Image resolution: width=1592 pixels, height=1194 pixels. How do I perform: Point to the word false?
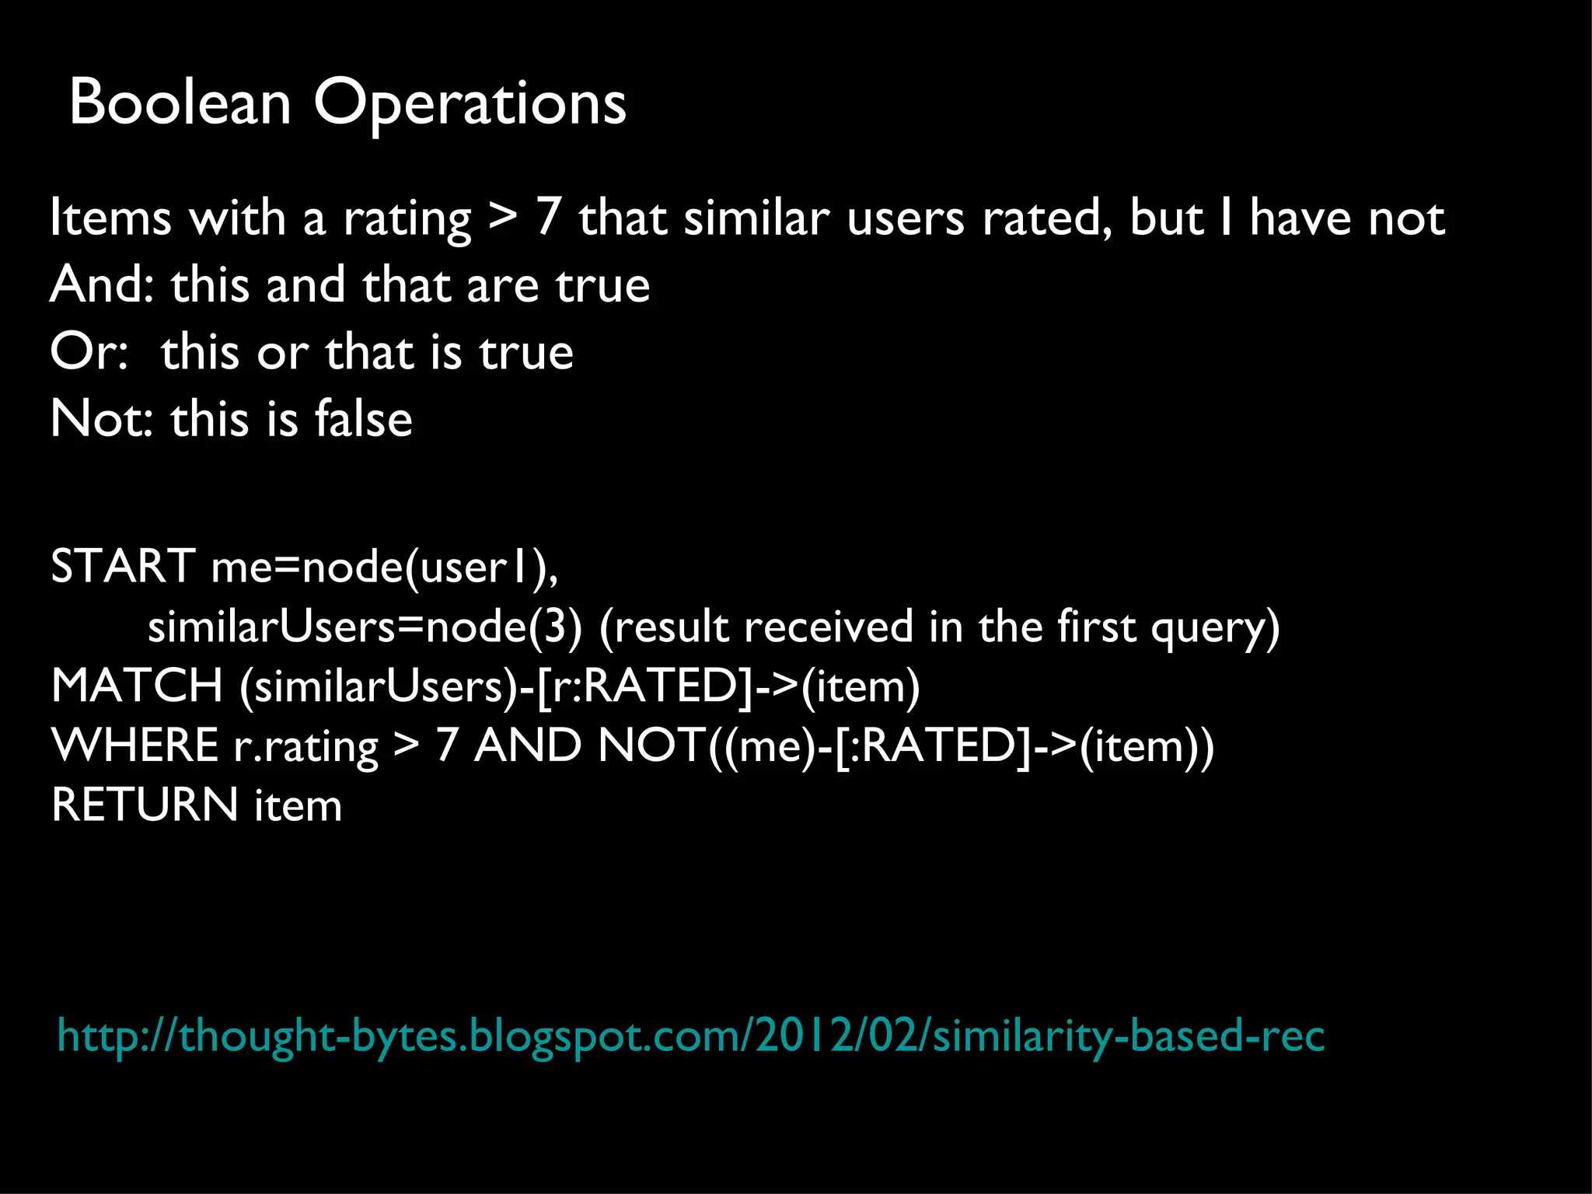point(363,419)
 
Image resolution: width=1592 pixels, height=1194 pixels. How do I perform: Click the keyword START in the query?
point(123,566)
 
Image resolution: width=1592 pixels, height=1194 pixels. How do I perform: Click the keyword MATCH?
point(137,686)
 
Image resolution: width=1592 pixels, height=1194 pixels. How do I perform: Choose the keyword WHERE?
point(134,745)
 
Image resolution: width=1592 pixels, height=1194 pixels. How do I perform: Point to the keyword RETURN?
point(145,805)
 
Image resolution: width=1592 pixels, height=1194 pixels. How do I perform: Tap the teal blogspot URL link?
point(690,1037)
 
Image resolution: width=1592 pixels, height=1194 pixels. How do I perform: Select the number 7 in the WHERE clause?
point(446,745)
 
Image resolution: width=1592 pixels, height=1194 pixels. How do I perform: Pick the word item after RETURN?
point(298,805)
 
